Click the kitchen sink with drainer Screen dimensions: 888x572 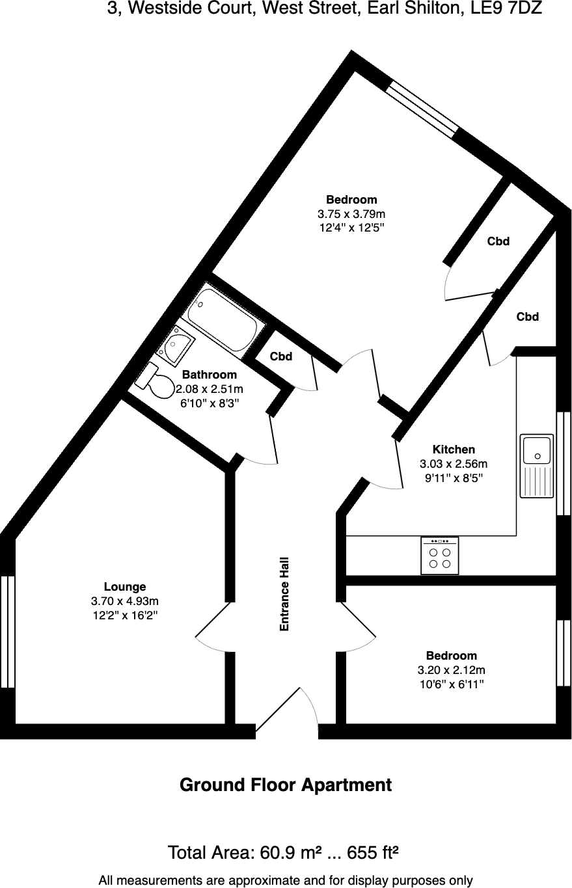coord(536,466)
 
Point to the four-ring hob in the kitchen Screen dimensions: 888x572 coord(440,556)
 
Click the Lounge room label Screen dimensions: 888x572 coord(125,587)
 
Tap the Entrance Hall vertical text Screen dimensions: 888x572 coord(284,594)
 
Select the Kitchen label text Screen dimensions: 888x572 coord(454,450)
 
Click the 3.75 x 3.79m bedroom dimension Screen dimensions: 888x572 coord(351,214)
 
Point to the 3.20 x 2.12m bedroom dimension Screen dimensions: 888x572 coord(451,670)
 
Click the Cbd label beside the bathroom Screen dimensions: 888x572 coord(281,357)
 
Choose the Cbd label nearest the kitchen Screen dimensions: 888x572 coord(527,317)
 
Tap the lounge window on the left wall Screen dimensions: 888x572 coord(7,631)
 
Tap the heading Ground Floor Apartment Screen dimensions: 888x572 coord(286,785)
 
